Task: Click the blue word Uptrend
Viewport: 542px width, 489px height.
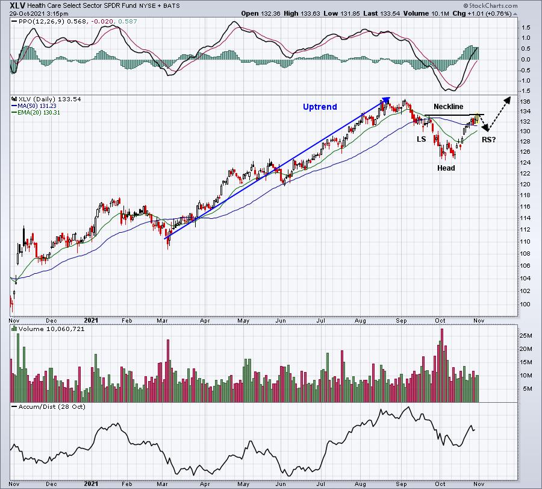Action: (320, 107)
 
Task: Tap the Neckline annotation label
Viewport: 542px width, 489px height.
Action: (448, 107)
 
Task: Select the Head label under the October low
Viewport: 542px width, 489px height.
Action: (446, 168)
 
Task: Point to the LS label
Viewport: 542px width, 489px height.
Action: (422, 139)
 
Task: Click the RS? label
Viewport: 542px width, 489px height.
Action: (489, 140)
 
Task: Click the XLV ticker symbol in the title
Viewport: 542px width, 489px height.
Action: (17, 5)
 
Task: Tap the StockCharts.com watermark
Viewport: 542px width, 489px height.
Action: (490, 5)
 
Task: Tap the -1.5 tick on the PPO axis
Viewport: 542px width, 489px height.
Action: (525, 91)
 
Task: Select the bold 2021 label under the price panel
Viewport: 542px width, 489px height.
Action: (92, 320)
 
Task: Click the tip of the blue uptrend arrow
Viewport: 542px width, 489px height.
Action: (390, 98)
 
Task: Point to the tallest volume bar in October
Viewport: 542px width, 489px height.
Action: (442, 365)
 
